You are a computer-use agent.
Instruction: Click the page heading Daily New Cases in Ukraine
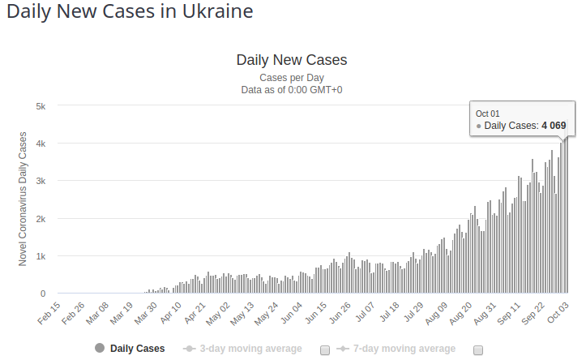[x=130, y=13]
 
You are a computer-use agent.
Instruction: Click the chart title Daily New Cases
[x=292, y=60]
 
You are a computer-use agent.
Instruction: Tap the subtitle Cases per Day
[x=292, y=78]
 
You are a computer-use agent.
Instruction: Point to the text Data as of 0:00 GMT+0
[x=292, y=90]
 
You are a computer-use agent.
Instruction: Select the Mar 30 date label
[x=145, y=312]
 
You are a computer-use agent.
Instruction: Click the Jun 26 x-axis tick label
[x=340, y=312]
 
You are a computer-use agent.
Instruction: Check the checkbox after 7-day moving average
[x=478, y=349]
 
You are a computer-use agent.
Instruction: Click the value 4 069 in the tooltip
[x=554, y=126]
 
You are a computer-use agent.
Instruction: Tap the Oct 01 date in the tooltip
[x=488, y=114]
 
